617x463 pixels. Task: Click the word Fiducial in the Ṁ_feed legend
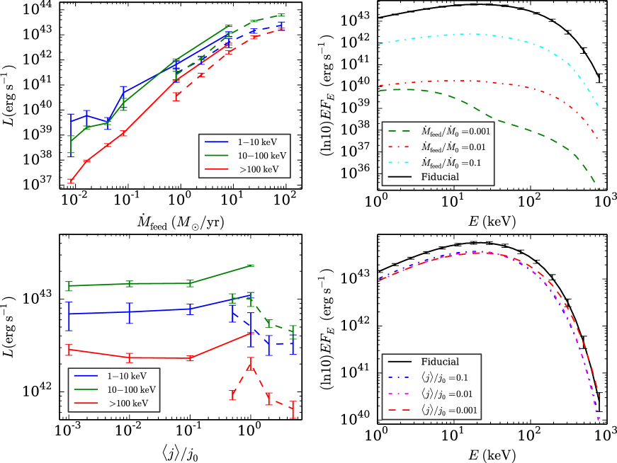440,177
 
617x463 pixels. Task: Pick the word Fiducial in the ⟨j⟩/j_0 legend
440,362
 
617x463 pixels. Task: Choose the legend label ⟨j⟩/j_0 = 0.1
444,378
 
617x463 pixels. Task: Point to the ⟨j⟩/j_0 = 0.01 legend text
447,394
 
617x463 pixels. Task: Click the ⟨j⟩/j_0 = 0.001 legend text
449,410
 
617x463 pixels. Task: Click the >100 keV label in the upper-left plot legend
259,170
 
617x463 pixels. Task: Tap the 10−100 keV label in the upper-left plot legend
262,156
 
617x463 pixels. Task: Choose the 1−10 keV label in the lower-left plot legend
128,376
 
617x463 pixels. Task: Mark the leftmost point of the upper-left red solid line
71,181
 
